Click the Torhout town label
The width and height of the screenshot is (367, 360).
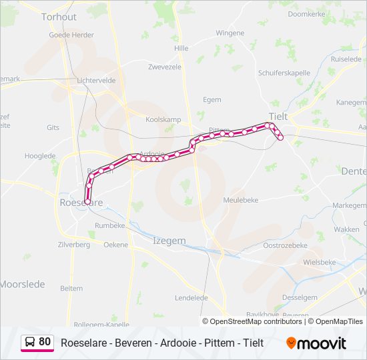(59, 17)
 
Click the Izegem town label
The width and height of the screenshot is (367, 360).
(169, 241)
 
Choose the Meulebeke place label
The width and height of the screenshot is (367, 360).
(241, 199)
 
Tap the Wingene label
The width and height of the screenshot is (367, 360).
(230, 33)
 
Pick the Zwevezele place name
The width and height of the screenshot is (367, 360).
(165, 67)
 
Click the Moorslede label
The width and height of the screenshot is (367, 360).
(22, 284)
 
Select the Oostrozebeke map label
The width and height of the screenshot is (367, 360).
(285, 245)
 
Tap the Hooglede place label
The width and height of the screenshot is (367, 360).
(40, 156)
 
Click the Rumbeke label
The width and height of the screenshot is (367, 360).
(110, 225)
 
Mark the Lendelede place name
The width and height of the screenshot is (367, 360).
(192, 297)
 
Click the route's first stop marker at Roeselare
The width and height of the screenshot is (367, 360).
(87, 201)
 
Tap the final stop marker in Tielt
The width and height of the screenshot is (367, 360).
(281, 138)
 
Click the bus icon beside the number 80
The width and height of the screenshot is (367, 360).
(30, 342)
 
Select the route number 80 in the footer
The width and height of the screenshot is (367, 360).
(45, 342)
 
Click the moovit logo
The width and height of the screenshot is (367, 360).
(316, 343)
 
